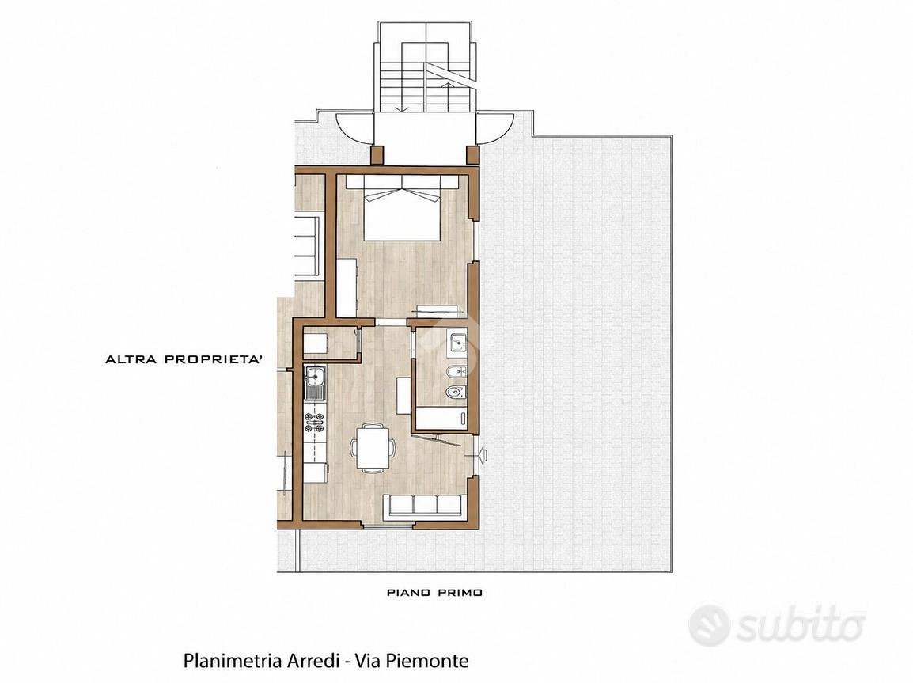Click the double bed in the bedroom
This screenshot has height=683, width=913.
coord(401,207)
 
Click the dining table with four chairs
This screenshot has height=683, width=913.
coord(373,447)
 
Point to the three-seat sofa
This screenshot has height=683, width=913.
coord(425,506)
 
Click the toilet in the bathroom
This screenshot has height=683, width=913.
coord(455,393)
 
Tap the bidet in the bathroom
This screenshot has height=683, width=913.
coord(456,368)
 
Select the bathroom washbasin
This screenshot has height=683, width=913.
coord(457,343)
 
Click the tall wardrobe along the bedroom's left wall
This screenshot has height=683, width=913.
coord(347,288)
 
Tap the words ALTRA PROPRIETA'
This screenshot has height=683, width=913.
coord(184,359)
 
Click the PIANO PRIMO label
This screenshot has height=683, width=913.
coord(435,593)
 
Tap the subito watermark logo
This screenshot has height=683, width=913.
coord(777,625)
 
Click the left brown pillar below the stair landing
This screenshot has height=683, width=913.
coord(378,154)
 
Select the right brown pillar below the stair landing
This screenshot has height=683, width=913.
coord(472,154)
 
